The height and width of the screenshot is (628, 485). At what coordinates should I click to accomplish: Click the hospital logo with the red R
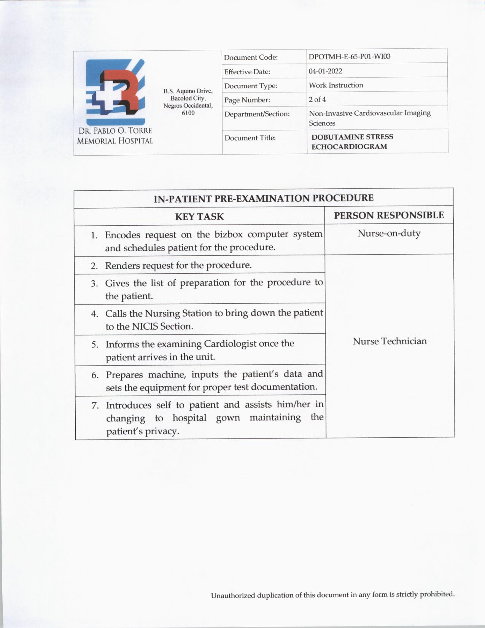[115, 92]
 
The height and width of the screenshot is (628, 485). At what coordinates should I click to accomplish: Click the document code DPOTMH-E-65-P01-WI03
[349, 57]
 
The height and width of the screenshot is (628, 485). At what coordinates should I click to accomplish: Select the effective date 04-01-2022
[325, 71]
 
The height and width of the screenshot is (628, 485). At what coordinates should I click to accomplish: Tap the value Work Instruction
[336, 85]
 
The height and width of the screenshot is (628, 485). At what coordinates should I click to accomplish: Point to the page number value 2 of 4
[317, 99]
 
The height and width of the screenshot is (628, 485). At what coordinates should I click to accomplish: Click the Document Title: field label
[250, 138]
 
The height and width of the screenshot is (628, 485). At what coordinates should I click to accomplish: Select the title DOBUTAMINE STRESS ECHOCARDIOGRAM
[352, 142]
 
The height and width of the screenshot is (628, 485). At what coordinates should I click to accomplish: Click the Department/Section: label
[257, 114]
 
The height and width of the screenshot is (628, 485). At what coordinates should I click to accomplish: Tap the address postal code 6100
[188, 113]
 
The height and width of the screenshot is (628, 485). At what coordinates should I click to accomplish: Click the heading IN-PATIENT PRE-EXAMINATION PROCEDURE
[263, 198]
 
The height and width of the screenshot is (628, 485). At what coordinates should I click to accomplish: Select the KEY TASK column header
[199, 217]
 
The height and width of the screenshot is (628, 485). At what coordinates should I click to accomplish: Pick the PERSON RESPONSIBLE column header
[389, 215]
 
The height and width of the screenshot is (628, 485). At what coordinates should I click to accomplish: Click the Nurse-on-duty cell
[389, 233]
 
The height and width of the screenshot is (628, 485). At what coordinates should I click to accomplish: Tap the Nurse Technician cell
[390, 341]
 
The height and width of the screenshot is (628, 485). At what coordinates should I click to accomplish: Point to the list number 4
[95, 314]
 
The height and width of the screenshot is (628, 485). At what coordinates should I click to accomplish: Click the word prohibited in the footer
[437, 594]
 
